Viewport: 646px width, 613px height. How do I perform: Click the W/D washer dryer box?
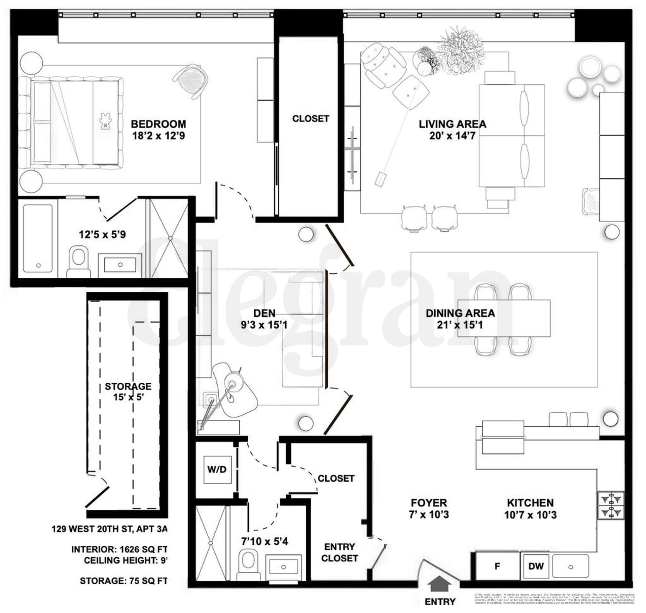[217, 469]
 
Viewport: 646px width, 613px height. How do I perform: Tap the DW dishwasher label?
[536, 566]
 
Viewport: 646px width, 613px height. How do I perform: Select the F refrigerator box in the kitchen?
[497, 566]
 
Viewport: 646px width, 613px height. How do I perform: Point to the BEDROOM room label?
[158, 124]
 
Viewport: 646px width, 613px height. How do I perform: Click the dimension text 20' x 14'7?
[452, 136]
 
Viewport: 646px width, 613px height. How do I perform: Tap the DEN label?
[264, 313]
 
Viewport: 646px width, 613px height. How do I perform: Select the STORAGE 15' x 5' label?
[128, 392]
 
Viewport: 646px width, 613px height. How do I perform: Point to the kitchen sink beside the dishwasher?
[571, 567]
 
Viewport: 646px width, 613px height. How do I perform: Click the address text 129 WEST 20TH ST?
[109, 529]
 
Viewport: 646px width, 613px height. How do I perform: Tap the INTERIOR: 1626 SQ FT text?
[119, 549]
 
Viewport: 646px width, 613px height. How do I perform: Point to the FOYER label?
[429, 503]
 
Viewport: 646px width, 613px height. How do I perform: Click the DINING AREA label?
[460, 313]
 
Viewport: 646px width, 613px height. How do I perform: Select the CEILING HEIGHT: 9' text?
[125, 560]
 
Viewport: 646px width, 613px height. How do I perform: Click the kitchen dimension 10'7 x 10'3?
[530, 515]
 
